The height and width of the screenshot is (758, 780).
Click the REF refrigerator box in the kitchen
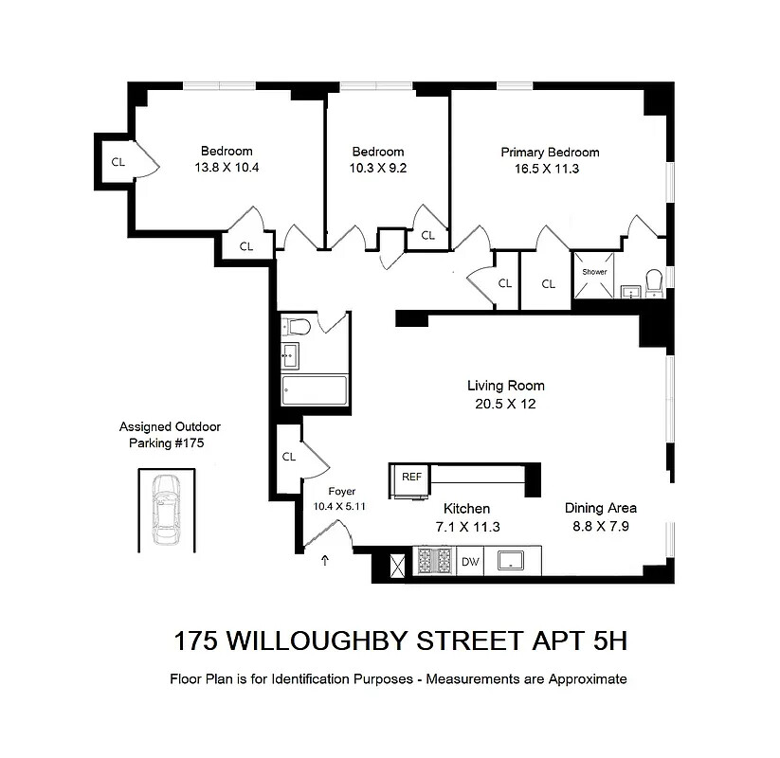[411, 478]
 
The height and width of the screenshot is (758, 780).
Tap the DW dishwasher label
[470, 562]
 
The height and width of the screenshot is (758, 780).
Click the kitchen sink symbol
[513, 561]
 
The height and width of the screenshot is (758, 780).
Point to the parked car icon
[166, 508]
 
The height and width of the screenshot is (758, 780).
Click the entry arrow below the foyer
[326, 561]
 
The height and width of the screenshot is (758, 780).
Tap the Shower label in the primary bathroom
[594, 272]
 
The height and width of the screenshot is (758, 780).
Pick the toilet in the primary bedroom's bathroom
[653, 280]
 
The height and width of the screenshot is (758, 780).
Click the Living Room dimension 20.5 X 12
[505, 403]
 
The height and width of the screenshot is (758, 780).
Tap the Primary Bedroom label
[550, 152]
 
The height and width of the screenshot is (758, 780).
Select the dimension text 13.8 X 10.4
[227, 168]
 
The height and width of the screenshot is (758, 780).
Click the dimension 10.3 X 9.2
[378, 169]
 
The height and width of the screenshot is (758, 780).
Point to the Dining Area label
[601, 507]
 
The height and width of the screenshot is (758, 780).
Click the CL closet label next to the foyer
[289, 457]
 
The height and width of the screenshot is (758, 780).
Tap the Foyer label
[341, 492]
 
